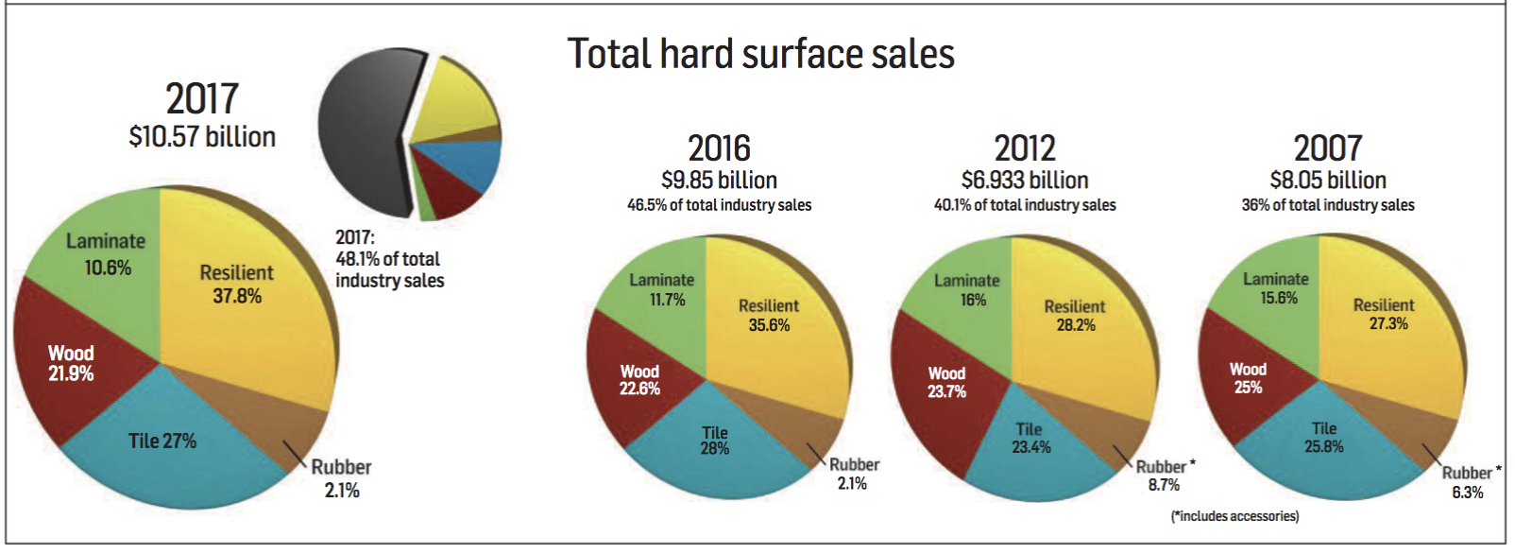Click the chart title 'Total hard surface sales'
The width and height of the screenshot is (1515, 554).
point(760,54)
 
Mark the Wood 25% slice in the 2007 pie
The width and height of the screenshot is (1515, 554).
point(1248,378)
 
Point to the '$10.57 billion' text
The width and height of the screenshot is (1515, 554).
point(202,137)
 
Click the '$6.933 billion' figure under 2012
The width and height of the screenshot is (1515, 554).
point(1025,180)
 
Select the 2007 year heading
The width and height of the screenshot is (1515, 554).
point(1328,148)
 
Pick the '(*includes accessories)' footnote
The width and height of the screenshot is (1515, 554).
point(1234,516)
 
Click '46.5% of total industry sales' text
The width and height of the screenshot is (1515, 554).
point(719,205)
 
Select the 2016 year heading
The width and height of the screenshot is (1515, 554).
point(719,148)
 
